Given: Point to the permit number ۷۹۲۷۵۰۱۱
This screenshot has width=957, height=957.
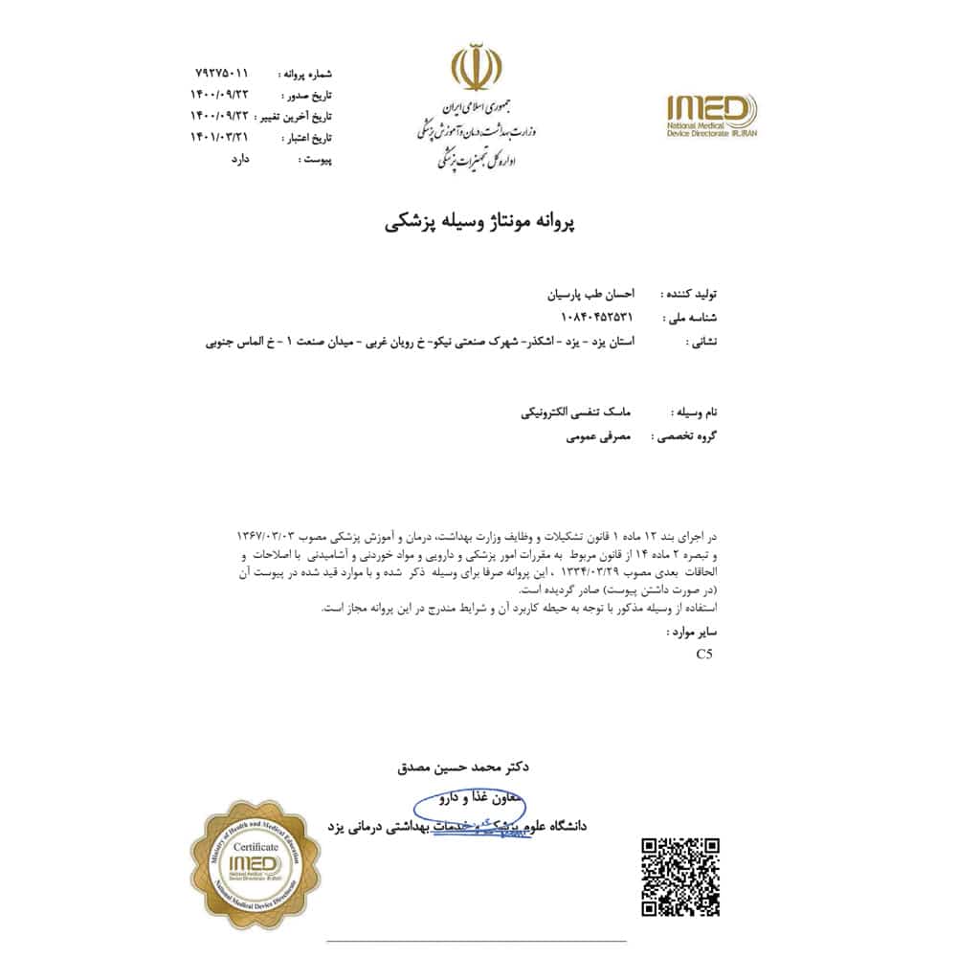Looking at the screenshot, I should pos(221,73).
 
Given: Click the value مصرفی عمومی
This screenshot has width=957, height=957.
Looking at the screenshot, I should pos(594,436).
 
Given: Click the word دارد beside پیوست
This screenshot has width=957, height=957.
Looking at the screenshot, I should pos(236,160).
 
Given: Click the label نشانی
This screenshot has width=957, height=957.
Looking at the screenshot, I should pos(701,339).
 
